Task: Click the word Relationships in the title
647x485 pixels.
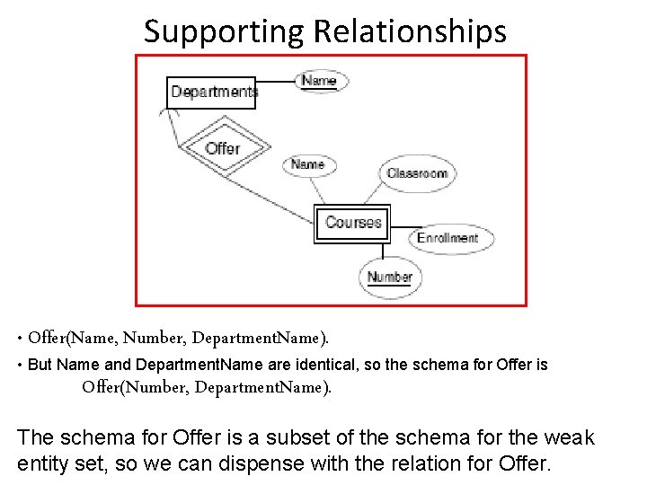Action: click(410, 32)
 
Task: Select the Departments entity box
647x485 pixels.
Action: click(212, 92)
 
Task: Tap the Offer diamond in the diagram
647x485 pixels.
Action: click(222, 147)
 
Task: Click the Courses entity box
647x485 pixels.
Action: click(353, 223)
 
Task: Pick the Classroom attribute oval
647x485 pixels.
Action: click(417, 173)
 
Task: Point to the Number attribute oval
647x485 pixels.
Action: click(390, 277)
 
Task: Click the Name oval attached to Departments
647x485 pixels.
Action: click(319, 81)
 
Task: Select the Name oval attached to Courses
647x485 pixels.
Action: click(307, 164)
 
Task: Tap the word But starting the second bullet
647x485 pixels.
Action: click(40, 366)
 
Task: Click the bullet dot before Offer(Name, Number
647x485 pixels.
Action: click(20, 339)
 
